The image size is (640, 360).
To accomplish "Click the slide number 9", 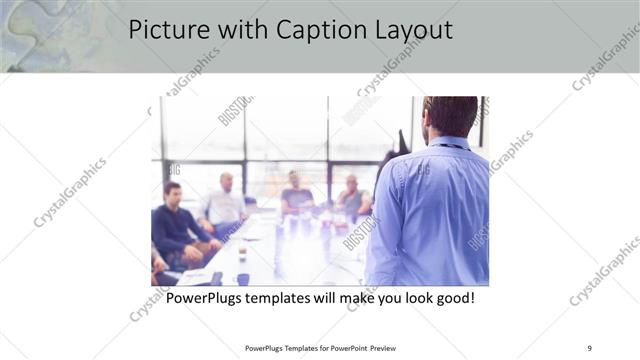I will pyautogui.click(x=588, y=347).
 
